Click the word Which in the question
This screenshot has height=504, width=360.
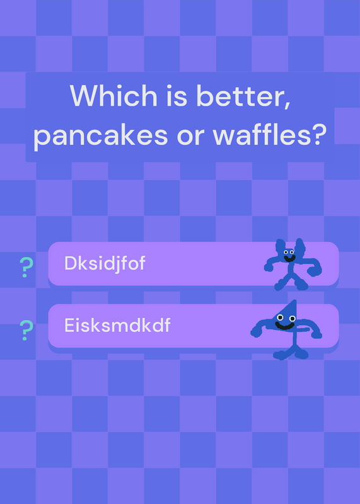click(113, 96)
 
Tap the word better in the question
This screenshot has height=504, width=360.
click(243, 96)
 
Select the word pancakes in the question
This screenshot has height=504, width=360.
click(101, 135)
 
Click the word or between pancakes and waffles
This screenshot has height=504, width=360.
click(190, 136)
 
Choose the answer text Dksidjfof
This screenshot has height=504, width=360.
click(105, 263)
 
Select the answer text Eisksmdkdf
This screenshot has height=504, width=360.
click(117, 325)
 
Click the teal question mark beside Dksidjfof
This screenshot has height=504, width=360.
click(26, 267)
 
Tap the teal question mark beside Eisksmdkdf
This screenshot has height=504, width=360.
click(26, 330)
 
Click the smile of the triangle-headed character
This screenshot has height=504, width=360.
click(285, 326)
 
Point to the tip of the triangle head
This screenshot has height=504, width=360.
click(295, 301)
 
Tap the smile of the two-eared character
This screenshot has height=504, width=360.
click(289, 258)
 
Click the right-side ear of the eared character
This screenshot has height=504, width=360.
click(300, 248)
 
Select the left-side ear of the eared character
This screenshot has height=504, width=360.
click(280, 247)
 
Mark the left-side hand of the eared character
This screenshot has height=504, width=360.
click(269, 267)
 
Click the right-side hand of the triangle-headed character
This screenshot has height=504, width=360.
click(316, 335)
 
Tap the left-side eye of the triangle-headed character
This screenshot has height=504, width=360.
click(280, 318)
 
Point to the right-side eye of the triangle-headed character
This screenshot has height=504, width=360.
click(292, 319)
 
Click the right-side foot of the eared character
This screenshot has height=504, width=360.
click(302, 285)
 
